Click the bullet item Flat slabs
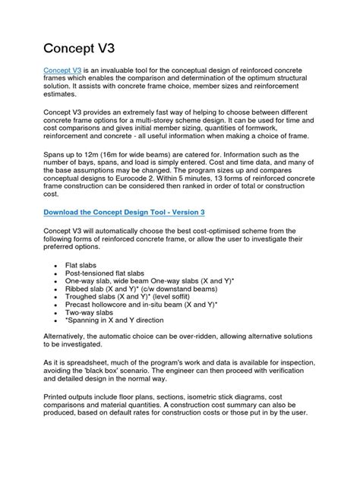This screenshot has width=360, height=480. pos(84,265)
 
